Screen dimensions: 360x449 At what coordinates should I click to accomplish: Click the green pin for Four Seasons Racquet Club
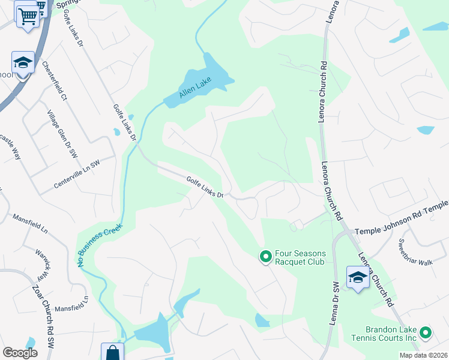coord(265,257)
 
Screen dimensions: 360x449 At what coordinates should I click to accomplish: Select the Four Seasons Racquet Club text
coord(300,258)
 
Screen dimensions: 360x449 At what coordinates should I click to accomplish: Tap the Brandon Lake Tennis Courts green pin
coord(426,332)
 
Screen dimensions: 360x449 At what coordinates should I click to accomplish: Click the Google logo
coord(20,352)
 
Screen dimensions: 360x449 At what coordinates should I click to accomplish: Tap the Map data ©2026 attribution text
coord(423,355)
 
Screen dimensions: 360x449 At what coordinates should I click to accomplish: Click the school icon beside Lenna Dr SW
coord(358,278)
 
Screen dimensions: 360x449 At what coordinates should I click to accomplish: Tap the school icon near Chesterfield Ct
coord(23,62)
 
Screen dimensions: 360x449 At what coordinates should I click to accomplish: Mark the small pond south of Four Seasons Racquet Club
coord(262,321)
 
